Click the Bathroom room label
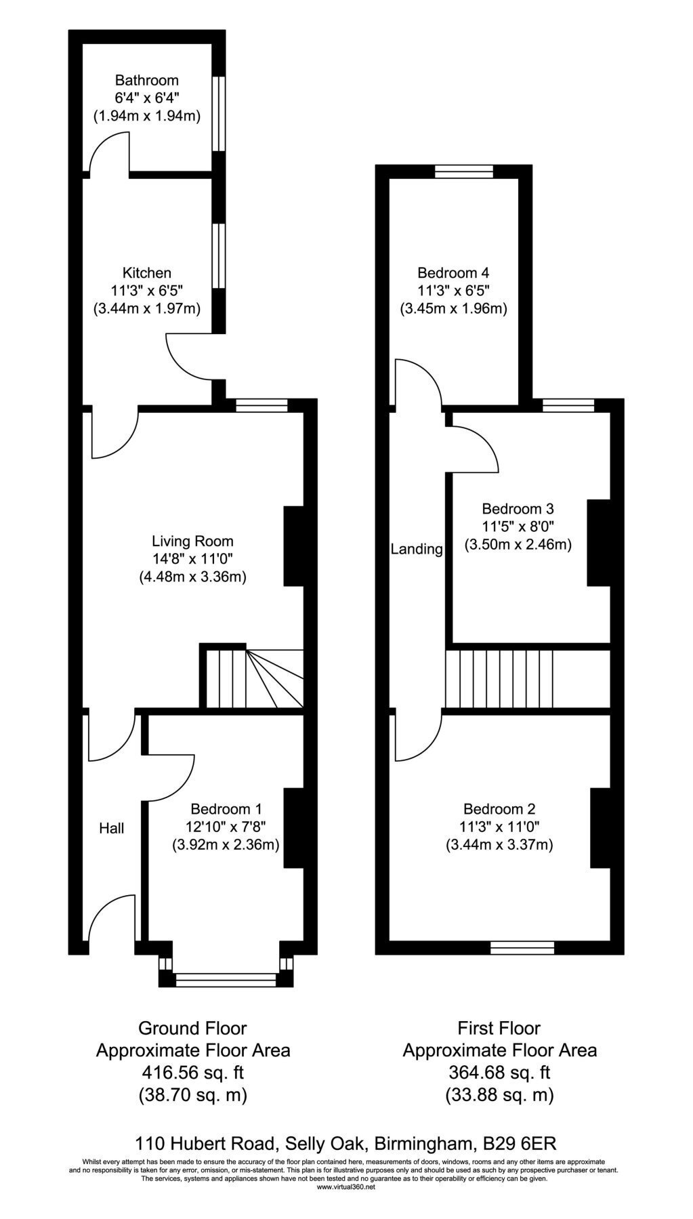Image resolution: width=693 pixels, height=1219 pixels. pos(146,80)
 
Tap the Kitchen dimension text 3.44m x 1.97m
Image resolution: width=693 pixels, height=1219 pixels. pos(146,309)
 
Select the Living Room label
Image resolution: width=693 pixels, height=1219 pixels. pos(192,541)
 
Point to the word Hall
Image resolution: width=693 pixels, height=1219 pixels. pos(112,827)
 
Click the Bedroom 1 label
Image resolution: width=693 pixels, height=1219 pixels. pos(226,808)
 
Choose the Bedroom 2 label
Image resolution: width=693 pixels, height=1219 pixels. pos(499,808)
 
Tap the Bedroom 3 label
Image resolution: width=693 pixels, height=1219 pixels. pos(518,508)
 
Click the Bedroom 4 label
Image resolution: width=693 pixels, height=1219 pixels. pos(453,273)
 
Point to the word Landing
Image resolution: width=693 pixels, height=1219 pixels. pos(417,549)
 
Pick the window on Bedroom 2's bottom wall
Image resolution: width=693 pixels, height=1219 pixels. pos(522,947)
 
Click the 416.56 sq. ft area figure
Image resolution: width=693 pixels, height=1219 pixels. pos(193,1072)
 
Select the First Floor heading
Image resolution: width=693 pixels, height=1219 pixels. pos(499,1028)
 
